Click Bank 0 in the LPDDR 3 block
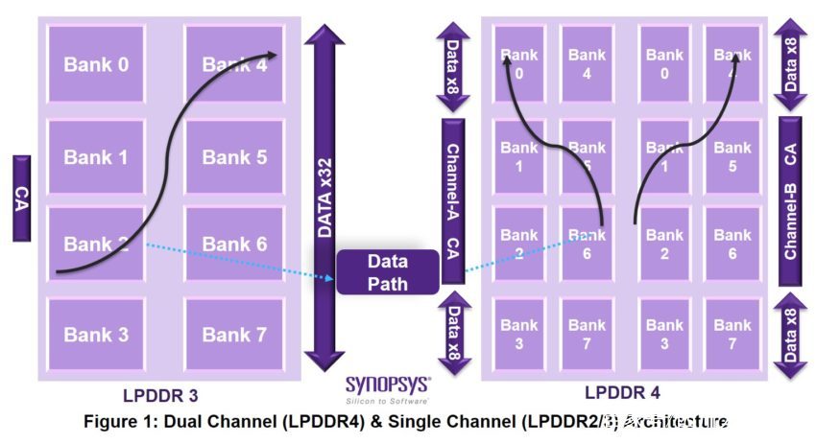(96, 64)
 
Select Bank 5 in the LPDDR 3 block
(234, 156)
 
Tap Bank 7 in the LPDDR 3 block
(234, 335)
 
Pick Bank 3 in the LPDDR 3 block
(96, 335)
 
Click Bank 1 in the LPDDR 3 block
(96, 156)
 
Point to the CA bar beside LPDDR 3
(21, 198)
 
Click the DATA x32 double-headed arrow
(324, 198)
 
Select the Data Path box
(387, 271)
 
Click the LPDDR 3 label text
(160, 395)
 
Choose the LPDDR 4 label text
(622, 393)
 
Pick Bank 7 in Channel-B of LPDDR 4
(732, 335)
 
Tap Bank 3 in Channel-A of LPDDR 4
(519, 335)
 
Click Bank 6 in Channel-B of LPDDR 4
(732, 244)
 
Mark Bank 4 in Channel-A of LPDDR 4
(587, 64)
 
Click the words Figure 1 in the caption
(119, 422)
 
